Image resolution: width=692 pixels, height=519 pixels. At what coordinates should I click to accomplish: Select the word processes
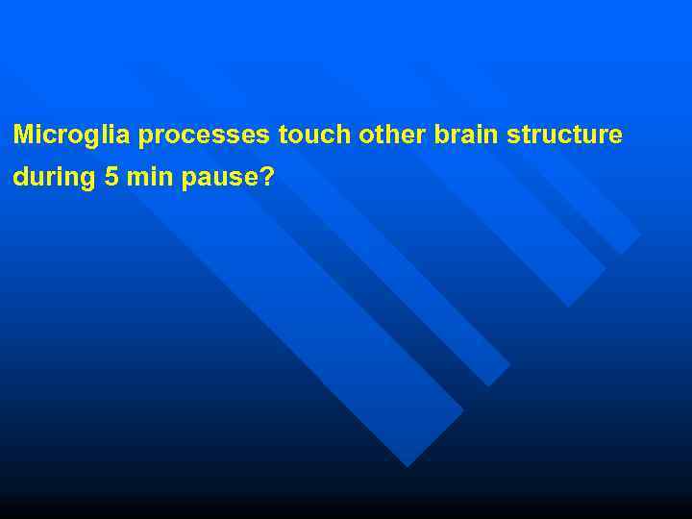tap(204, 136)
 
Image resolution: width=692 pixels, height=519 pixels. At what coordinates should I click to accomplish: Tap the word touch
tap(315, 135)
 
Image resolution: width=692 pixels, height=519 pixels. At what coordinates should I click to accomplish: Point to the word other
tap(393, 135)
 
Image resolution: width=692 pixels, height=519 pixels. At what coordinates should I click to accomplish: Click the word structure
tap(564, 135)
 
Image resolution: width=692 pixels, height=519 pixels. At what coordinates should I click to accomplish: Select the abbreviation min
tap(147, 178)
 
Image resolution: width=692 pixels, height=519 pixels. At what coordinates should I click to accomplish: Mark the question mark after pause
tap(267, 178)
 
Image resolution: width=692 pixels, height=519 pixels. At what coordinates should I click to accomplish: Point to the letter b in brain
tap(441, 135)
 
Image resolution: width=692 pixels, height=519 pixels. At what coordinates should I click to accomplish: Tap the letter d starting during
tap(20, 178)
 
